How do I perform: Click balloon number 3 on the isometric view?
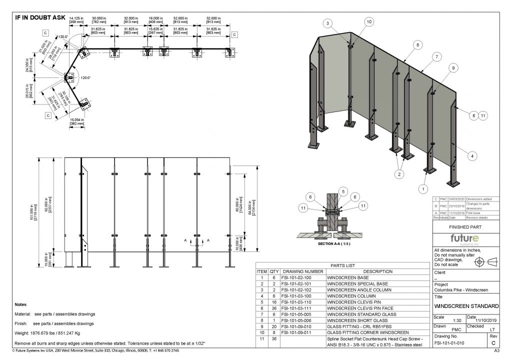pos(327,23)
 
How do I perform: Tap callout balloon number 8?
pos(416,45)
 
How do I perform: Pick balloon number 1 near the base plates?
pos(424,189)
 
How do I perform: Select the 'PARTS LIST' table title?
pos(343,265)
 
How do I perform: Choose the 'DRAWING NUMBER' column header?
pos(303,271)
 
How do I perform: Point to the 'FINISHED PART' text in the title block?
pos(465,226)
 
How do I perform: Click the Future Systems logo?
pos(466,238)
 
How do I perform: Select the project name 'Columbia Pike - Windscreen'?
pos(461,290)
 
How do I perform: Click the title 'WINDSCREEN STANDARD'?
pos(466,306)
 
